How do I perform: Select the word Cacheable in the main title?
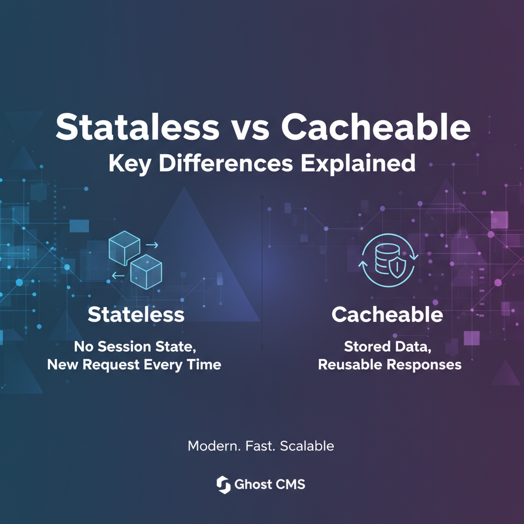tap(375, 128)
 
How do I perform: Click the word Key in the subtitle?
tap(130, 163)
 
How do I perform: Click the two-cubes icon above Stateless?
tap(136, 259)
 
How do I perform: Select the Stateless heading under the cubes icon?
tap(136, 314)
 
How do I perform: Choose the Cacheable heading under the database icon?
tap(387, 314)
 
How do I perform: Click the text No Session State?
tap(135, 346)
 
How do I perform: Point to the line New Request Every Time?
tap(134, 365)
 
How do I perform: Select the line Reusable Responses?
tap(389, 365)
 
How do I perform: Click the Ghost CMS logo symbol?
tap(223, 484)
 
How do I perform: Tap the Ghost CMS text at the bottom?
tap(270, 484)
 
